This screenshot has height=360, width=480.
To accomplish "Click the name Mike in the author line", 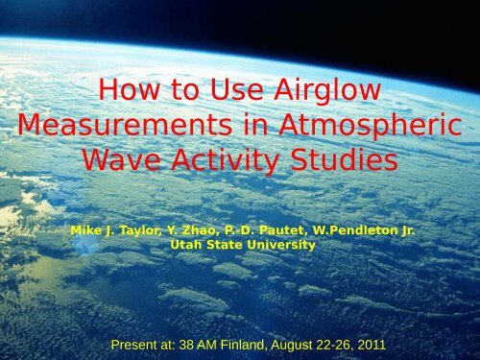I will coord(86,231).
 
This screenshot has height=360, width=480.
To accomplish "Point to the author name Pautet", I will coord(279,231).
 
